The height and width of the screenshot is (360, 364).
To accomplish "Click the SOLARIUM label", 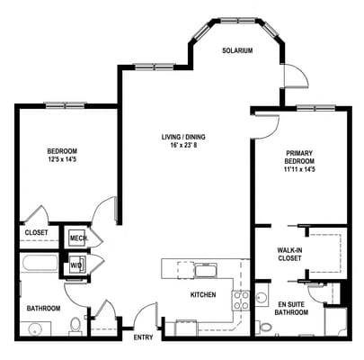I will coord(237,51).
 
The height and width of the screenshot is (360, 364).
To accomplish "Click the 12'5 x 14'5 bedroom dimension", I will coord(62,160).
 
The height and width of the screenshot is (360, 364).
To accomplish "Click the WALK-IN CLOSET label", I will coord(289,255).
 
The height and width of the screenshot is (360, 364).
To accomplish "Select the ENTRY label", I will coord(144,338).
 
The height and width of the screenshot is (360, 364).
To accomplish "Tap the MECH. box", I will coord(77,238).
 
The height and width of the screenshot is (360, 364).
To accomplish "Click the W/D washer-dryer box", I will coord(77,264).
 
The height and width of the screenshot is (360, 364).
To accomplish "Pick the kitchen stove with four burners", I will coord(241,301).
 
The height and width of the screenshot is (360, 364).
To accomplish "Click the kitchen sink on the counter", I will coord(206,270).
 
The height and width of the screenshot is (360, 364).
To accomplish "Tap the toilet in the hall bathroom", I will coord(75,326).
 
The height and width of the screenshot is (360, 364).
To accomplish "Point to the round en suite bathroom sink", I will coord(262,296).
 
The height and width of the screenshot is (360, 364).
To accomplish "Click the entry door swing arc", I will coord(144,317).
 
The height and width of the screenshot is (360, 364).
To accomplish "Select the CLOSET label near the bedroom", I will coord(36,231).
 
